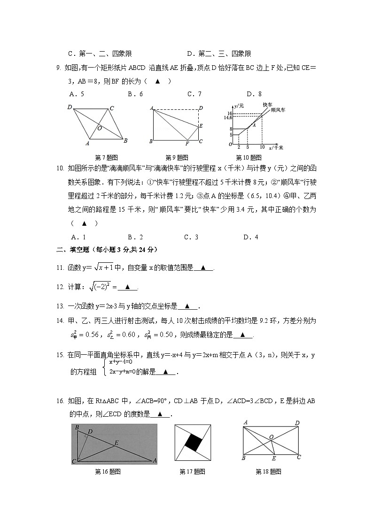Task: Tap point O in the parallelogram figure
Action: coord(100,127)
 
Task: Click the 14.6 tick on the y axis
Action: coord(228,117)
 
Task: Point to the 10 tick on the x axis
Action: coord(262,147)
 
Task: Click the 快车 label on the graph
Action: coord(267,104)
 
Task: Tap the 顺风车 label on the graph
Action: coord(279,110)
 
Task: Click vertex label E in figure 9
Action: coord(201,126)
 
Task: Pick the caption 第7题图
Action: coord(106,157)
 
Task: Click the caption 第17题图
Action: coord(192,472)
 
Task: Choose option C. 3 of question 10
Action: coord(191,237)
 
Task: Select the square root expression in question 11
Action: coord(103,267)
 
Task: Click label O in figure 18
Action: coord(271,437)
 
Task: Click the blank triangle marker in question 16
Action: coord(161,414)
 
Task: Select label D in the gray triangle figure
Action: coord(90,431)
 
